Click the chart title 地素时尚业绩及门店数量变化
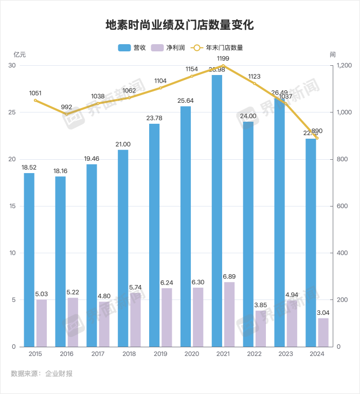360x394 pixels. click(x=180, y=25)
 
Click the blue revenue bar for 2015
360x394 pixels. click(x=29, y=259)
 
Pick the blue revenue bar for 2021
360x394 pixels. click(x=217, y=211)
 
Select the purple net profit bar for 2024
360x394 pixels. click(x=323, y=332)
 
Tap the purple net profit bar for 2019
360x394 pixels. click(x=167, y=317)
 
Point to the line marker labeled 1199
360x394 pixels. click(x=223, y=66)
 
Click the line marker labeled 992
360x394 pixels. click(x=66, y=114)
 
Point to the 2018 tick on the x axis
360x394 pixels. click(x=129, y=354)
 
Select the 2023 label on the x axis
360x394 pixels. click(x=285, y=354)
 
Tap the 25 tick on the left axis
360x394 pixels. click(x=12, y=112)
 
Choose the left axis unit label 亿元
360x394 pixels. click(x=19, y=55)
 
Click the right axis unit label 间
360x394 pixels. click(x=333, y=55)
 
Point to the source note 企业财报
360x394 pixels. click(x=59, y=373)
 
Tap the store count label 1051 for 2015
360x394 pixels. click(x=35, y=93)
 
